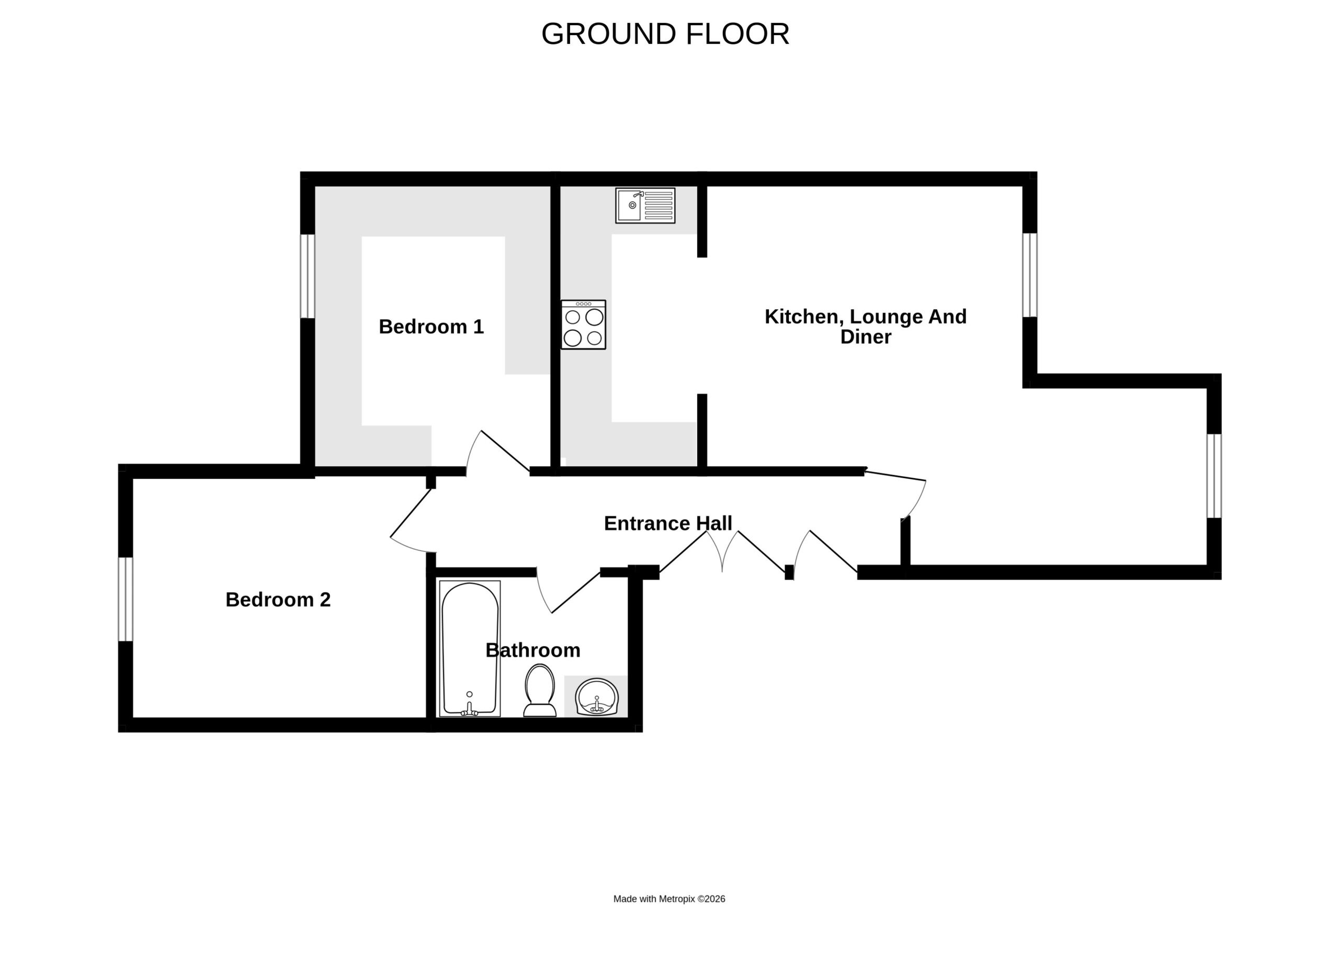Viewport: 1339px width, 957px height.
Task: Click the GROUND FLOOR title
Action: point(665,34)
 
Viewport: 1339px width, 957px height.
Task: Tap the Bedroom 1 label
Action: point(431,326)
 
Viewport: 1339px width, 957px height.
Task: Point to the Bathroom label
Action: point(532,650)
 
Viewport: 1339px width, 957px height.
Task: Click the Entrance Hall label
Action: point(668,523)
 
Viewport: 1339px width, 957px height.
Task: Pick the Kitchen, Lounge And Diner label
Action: point(865,326)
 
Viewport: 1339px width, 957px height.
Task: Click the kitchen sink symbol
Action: point(645,206)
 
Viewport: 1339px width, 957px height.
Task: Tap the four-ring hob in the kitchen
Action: point(583,325)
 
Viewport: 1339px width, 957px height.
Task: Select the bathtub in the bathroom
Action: point(470,649)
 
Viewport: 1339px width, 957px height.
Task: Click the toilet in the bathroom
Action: point(540,690)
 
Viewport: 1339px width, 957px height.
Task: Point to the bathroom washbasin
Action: point(597,696)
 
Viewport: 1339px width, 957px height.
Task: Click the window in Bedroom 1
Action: point(308,276)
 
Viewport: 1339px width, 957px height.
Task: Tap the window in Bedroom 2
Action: point(126,599)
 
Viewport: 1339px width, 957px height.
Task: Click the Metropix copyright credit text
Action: point(669,899)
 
